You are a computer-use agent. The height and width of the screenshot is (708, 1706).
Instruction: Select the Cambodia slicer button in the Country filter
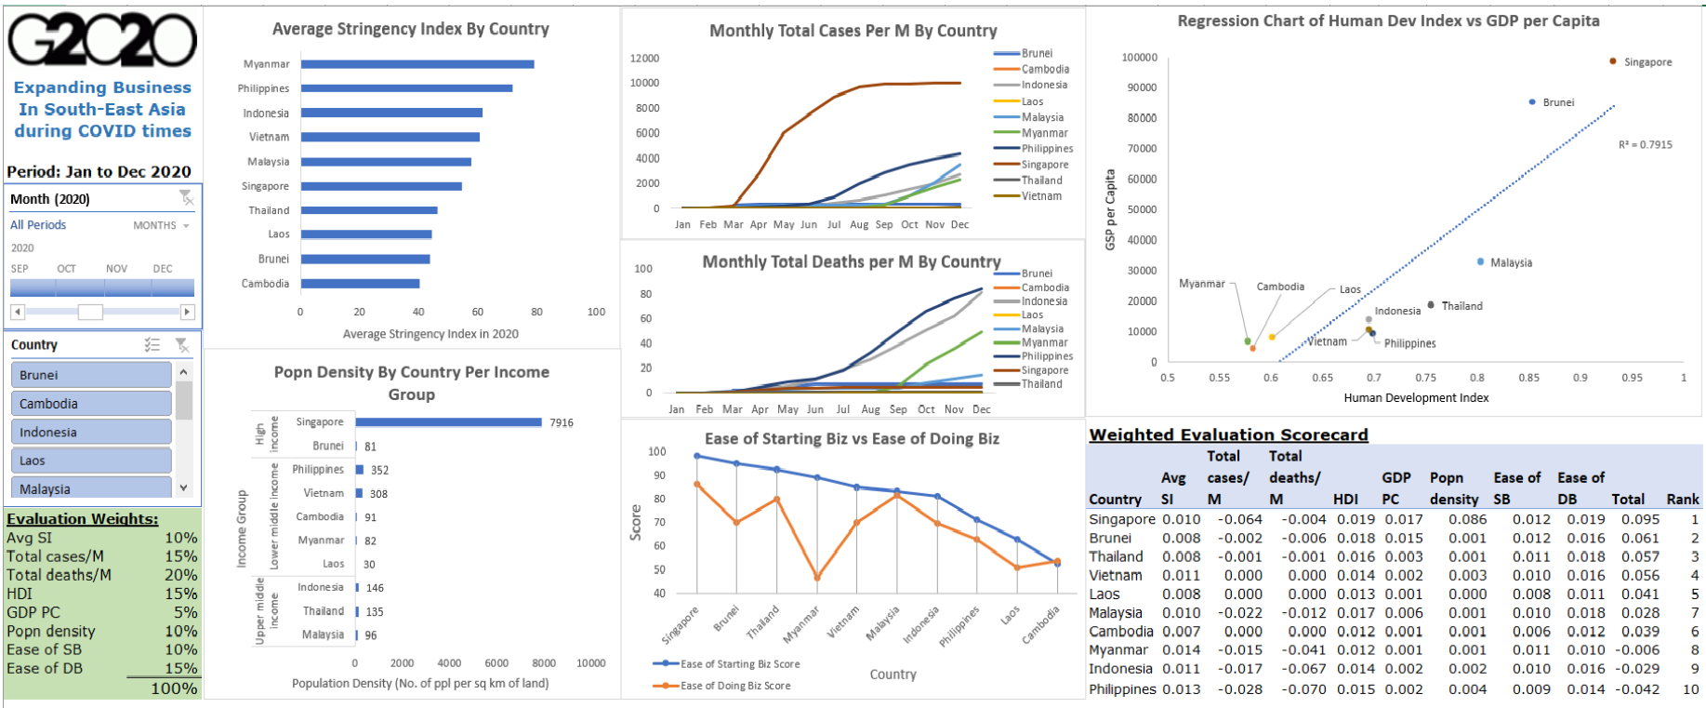tap(90, 404)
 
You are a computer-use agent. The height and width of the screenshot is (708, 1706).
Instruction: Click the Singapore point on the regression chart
tap(1612, 61)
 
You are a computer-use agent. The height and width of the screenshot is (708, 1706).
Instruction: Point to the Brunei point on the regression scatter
tap(1532, 102)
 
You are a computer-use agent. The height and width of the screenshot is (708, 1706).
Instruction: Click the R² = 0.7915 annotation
tap(1645, 145)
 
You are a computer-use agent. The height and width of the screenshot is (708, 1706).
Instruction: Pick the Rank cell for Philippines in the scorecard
tap(1691, 689)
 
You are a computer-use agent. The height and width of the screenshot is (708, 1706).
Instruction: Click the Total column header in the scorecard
tap(1627, 500)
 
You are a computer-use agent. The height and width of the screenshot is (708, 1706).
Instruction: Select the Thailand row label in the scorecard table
tap(1116, 556)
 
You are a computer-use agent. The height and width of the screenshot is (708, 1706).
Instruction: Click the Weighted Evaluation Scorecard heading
tap(1228, 434)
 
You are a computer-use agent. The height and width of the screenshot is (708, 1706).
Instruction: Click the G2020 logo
tap(102, 41)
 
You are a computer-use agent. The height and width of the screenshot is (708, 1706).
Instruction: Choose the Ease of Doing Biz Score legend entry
tap(734, 686)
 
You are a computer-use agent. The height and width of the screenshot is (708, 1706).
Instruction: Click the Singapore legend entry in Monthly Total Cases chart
tap(1044, 165)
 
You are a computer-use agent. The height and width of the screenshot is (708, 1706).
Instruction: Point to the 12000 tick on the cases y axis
tap(644, 58)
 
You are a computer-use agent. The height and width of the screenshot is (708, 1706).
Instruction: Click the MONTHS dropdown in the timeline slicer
tap(161, 226)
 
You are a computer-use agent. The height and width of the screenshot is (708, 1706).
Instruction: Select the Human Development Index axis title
tap(1415, 398)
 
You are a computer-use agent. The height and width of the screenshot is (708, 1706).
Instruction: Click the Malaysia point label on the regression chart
tap(1511, 263)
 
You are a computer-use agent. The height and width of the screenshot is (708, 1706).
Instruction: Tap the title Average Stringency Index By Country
tap(410, 29)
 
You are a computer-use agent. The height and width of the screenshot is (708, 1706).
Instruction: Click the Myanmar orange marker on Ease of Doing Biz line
tap(817, 578)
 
